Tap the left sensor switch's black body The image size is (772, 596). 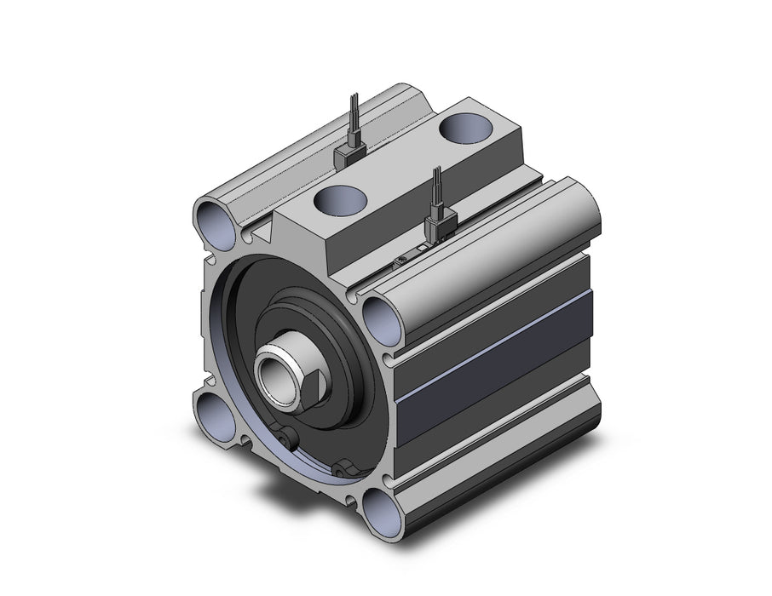[349, 152]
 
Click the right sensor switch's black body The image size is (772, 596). [438, 226]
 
